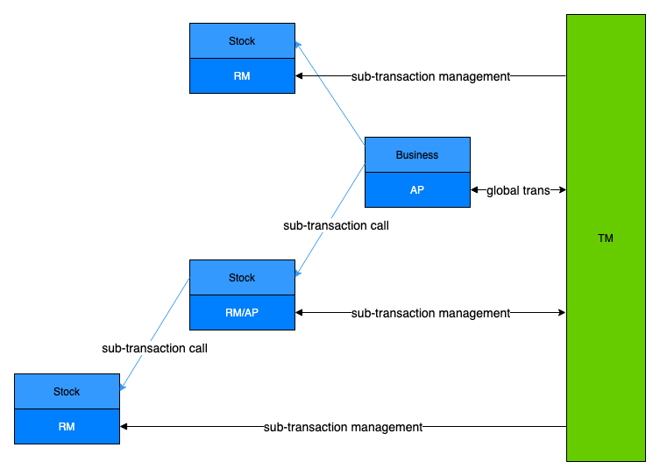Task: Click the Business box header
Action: pyautogui.click(x=417, y=155)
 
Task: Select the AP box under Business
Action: pyautogui.click(x=417, y=189)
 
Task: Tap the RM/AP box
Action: pyautogui.click(x=242, y=312)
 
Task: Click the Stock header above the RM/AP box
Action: pyautogui.click(x=242, y=278)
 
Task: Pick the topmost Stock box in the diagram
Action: pyautogui.click(x=242, y=41)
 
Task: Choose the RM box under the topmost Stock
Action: pyautogui.click(x=242, y=76)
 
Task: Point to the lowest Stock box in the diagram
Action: pyautogui.click(x=67, y=392)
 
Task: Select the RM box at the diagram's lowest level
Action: pyautogui.click(x=67, y=427)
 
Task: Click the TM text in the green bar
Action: pyautogui.click(x=605, y=238)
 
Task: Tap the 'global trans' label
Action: pyautogui.click(x=518, y=190)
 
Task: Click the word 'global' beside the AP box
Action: pyautogui.click(x=502, y=190)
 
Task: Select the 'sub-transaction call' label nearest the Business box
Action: pyautogui.click(x=336, y=225)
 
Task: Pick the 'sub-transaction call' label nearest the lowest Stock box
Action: pyautogui.click(x=154, y=348)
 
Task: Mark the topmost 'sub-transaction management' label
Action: pyautogui.click(x=430, y=76)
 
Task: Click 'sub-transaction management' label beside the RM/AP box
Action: pyautogui.click(x=430, y=313)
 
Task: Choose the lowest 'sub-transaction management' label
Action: pyautogui.click(x=343, y=427)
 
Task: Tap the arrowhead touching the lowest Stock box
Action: pyautogui.click(x=123, y=386)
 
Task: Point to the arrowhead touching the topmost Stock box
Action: pyautogui.click(x=298, y=45)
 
